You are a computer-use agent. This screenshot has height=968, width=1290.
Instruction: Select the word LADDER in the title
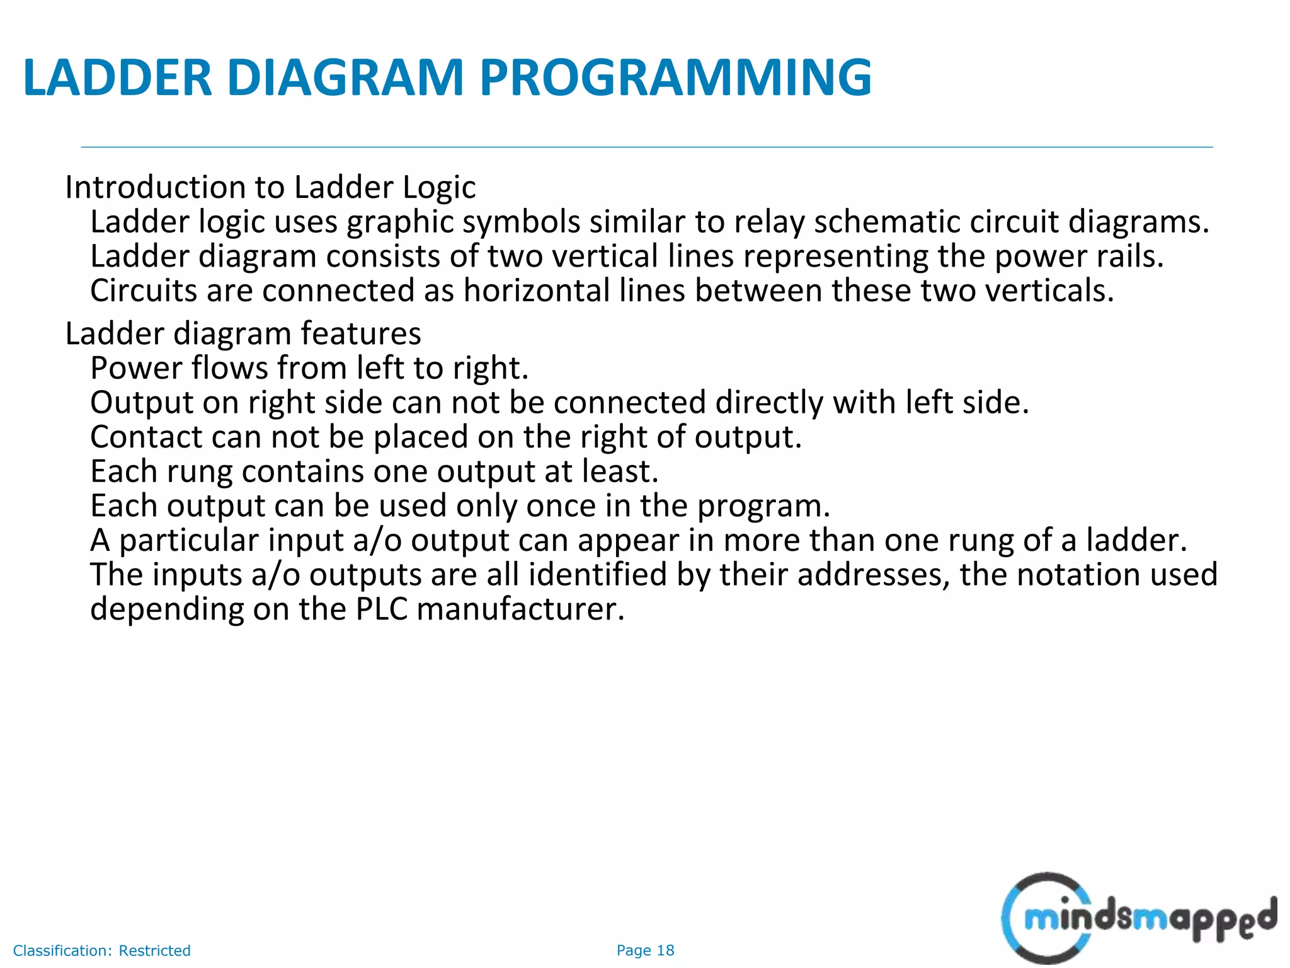(x=117, y=78)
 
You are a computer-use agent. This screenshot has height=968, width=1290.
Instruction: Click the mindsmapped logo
(x=1138, y=918)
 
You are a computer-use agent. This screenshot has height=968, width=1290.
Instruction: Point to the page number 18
(x=665, y=950)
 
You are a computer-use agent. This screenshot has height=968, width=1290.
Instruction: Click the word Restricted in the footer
(x=154, y=950)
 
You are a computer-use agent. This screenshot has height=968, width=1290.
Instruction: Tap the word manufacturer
(x=520, y=609)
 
